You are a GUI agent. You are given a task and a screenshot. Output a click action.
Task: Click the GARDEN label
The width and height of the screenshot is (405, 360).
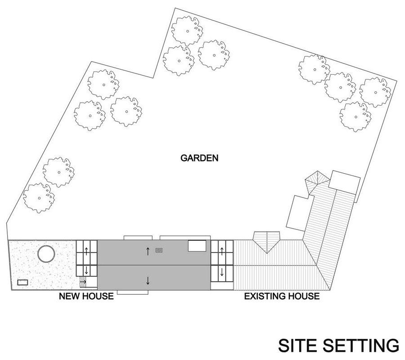coord(199,158)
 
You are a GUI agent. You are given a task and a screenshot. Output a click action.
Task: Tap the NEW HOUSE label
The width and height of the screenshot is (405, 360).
coord(86,296)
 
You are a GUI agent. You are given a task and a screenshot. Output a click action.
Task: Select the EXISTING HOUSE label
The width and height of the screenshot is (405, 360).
coord(282,296)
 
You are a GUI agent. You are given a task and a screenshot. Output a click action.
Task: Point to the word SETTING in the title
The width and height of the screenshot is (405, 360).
coord(360,345)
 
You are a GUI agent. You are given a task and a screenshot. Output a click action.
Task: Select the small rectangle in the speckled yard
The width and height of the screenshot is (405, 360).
coord(22,282)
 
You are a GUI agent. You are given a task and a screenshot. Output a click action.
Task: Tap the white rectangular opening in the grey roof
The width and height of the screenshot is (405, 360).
coord(197,246)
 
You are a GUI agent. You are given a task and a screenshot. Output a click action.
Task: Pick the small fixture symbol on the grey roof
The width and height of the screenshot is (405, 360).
coord(159,250)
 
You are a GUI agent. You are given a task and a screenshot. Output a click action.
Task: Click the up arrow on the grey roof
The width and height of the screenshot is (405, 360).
coord(148,251)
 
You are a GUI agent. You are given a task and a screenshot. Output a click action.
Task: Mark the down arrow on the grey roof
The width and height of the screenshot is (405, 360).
coord(148,280)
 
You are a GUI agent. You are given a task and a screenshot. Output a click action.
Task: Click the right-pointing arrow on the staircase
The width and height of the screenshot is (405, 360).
coord(83,281)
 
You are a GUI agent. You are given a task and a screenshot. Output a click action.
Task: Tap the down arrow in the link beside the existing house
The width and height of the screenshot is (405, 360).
coord(221,272)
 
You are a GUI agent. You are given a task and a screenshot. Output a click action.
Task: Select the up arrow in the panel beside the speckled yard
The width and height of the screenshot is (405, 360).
coord(86,251)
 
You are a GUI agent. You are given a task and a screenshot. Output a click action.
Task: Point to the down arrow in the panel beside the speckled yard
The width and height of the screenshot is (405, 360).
coord(86,270)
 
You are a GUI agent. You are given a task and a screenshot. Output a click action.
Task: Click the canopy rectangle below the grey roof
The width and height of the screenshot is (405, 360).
coord(133,292)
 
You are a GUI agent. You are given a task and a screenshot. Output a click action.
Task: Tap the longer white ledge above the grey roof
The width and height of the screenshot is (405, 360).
coord(185,238)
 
